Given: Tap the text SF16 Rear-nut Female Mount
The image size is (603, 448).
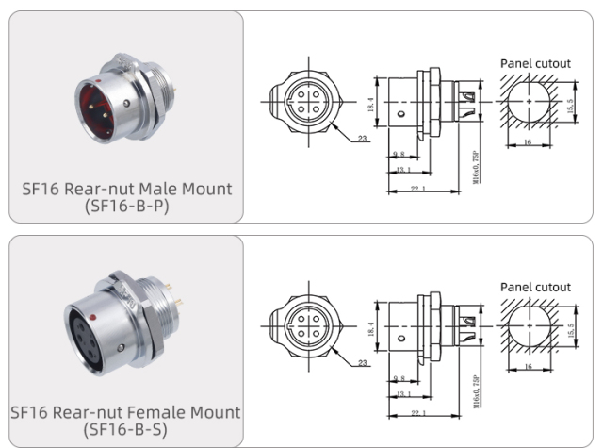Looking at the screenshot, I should tap(125, 412).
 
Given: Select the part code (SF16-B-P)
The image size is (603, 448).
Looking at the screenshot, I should tap(126, 206).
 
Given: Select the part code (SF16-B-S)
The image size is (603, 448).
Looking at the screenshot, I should tap(126, 430).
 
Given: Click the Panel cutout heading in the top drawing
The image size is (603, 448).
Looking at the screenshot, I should tap(535, 63).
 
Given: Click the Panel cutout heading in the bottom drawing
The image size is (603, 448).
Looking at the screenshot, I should tap(535, 287).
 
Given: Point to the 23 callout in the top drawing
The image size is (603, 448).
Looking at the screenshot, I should tap(364, 139).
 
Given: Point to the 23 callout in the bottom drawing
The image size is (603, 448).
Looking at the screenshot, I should tap(364, 362).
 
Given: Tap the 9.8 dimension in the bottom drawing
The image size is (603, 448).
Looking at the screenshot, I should tap(400, 376).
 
